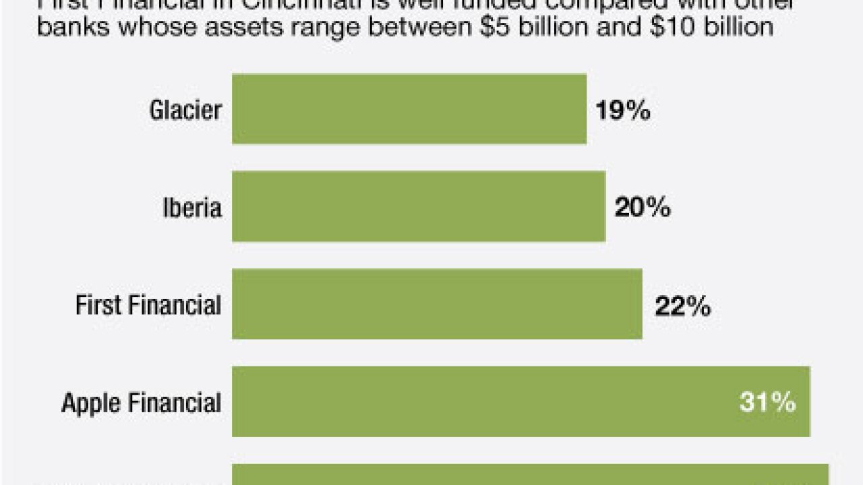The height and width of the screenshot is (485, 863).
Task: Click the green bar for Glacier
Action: tap(409, 109)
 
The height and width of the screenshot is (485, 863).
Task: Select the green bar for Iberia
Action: tap(419, 207)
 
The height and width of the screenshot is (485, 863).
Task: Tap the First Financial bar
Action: tap(437, 304)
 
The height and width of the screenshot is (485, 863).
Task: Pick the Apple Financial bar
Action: tap(520, 402)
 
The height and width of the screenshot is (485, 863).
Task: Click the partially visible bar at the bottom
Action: tap(530, 475)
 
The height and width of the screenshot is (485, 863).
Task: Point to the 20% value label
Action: tap(642, 208)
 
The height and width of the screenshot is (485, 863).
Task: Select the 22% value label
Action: tap(682, 307)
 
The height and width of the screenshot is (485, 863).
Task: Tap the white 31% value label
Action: tap(767, 403)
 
